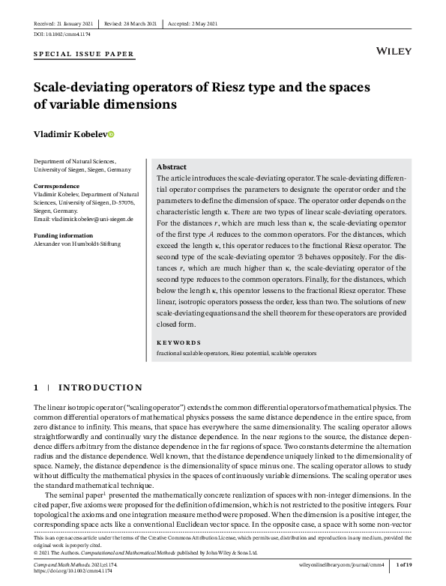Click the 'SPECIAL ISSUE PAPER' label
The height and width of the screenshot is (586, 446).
84,54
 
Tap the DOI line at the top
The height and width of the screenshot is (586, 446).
62,34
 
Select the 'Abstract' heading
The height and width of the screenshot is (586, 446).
172,166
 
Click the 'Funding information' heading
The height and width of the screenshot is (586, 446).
63,235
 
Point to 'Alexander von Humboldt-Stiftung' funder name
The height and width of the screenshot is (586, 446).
77,244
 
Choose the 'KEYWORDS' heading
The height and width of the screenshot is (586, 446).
178,342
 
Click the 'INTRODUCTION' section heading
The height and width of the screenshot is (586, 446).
100,387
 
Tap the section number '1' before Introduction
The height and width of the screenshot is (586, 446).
36,387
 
